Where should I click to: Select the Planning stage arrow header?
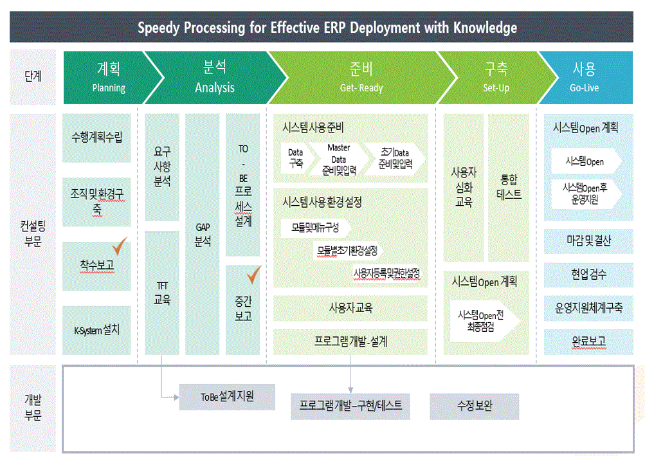pyautogui.click(x=108, y=77)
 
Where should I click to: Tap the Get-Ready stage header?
pyautogui.click(x=361, y=77)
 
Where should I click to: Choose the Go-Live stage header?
pyautogui.click(x=584, y=77)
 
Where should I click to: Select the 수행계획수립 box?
pyautogui.click(x=97, y=137)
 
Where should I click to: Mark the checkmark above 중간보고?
pyautogui.click(x=253, y=276)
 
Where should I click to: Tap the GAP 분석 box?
pyautogui.click(x=203, y=235)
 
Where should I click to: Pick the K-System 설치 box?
pyautogui.click(x=97, y=331)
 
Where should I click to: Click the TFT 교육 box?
pyautogui.click(x=162, y=292)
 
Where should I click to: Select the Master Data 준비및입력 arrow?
pyautogui.click(x=338, y=160)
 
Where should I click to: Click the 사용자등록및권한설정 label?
pyautogui.click(x=386, y=273)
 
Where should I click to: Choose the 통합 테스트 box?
pyautogui.click(x=509, y=187)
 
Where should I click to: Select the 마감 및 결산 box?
pyautogui.click(x=588, y=241)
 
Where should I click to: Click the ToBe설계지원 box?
pyautogui.click(x=227, y=397)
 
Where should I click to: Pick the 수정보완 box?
pyautogui.click(x=474, y=406)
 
